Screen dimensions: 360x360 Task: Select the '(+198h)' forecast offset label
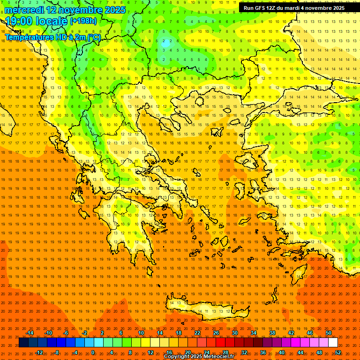[83, 21]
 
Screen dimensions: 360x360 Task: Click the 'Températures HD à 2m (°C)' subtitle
[52, 37]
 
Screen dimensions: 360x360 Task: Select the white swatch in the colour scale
[333, 343]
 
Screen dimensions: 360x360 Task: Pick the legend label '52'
[338, 352]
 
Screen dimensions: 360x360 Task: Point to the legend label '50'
[329, 333]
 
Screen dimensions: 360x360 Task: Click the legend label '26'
[216, 333]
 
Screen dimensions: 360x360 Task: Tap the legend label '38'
[272, 333]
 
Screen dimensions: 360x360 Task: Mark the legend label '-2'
[85, 333]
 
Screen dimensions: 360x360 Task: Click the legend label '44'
[300, 352]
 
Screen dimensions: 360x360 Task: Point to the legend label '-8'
[57, 352]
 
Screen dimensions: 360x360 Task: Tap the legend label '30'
[235, 333]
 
